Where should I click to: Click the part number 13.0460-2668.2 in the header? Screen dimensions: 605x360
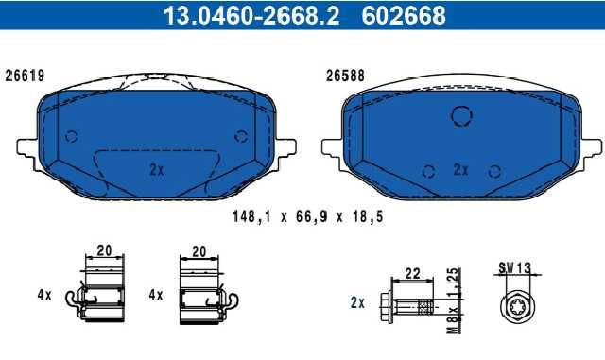[x=251, y=15]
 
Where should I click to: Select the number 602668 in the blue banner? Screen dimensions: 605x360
[x=404, y=15]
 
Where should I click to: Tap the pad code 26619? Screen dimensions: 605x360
[x=25, y=76]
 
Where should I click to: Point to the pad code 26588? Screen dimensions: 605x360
[x=345, y=76]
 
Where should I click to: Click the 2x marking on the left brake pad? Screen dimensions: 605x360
[x=157, y=169]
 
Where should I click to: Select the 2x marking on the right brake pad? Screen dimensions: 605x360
[x=460, y=169]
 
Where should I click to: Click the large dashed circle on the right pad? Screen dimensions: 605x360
[x=461, y=116]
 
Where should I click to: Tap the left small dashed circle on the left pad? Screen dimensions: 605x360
[x=72, y=136]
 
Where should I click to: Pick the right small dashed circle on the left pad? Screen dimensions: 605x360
[x=241, y=136]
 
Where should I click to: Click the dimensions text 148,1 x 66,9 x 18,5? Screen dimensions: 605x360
[x=308, y=216]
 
